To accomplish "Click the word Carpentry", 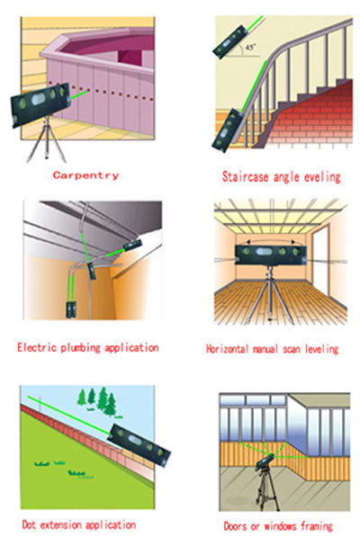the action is click(85, 175).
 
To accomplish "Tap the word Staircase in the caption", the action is click(246, 176).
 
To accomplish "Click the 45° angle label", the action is click(250, 48).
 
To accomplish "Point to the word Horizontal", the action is click(227, 349).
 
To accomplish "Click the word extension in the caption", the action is click(61, 524).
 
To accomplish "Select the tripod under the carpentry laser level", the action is click(47, 140).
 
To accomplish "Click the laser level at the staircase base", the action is click(228, 130).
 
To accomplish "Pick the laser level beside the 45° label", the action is click(230, 42).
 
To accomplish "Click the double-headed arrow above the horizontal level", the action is click(270, 240).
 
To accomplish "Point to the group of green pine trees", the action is click(97, 400).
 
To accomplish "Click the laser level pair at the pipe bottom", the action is click(71, 309).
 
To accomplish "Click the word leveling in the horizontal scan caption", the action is click(321, 349).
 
